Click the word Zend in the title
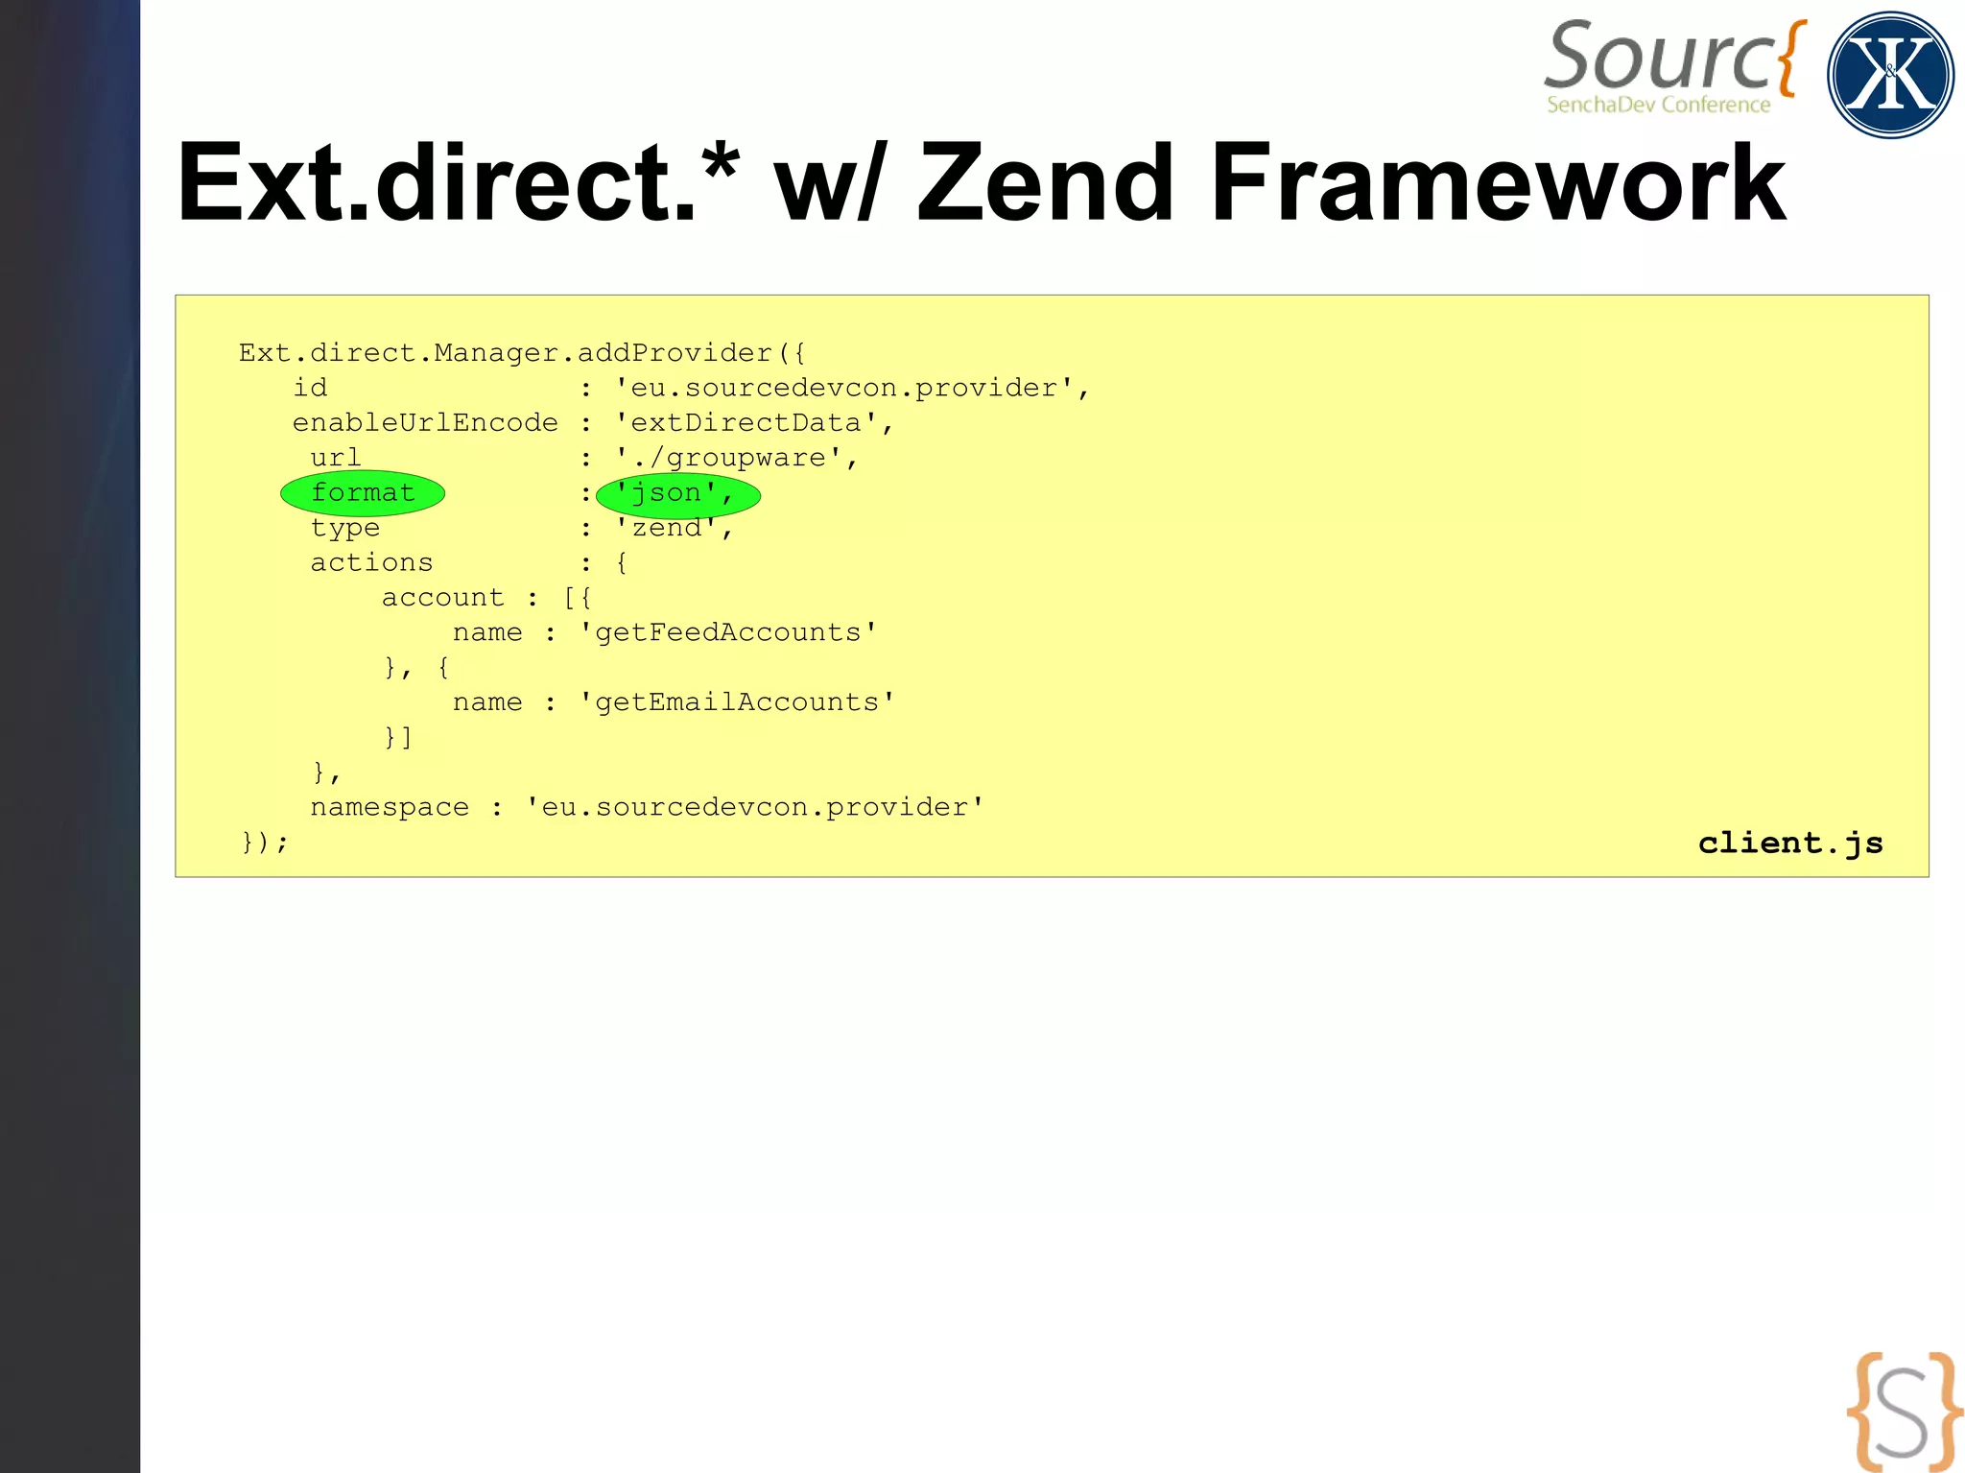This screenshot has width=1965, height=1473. click(x=1046, y=182)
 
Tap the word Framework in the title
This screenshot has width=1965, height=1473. click(x=1497, y=182)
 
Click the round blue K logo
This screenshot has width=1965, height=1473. click(x=1889, y=75)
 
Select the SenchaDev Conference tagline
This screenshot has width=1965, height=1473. click(x=1658, y=105)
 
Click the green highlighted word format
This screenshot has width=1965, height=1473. click(x=363, y=493)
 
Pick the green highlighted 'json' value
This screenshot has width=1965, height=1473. click(x=676, y=494)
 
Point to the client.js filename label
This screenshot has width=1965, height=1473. click(x=1790, y=843)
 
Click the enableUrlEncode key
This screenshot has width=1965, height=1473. click(x=425, y=423)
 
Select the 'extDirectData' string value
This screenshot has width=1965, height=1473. click(x=746, y=423)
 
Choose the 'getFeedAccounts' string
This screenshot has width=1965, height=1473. click(x=728, y=632)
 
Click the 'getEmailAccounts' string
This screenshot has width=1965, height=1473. click(x=737, y=702)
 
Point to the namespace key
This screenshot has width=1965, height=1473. click(x=390, y=807)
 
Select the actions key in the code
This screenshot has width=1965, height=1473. click(x=371, y=562)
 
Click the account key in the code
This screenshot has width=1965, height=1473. click(x=442, y=598)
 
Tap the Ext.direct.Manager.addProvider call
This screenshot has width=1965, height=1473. click(x=521, y=353)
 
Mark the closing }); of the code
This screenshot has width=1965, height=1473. click(x=265, y=842)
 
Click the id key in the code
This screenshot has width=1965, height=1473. click(x=310, y=388)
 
